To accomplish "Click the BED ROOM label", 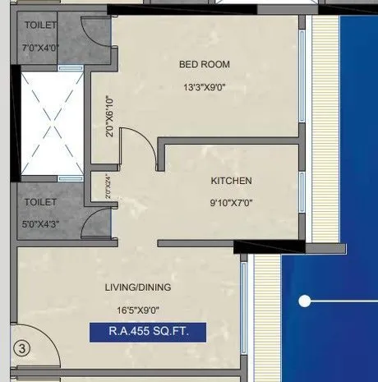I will click(x=204, y=64).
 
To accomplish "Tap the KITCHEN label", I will click(x=231, y=181).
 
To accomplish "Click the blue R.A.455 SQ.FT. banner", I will click(x=147, y=333).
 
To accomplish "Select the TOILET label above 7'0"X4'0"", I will click(x=40, y=25).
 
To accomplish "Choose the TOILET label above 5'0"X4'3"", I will click(x=40, y=201).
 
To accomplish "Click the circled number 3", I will click(x=22, y=348).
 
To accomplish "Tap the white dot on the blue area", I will click(x=304, y=301).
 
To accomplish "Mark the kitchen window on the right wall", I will click(x=302, y=193).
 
